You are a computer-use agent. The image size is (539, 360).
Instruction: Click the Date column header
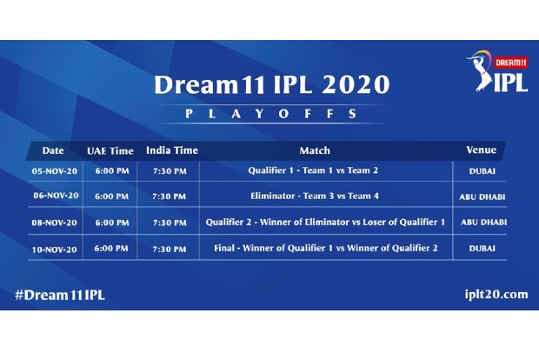click(x=52, y=150)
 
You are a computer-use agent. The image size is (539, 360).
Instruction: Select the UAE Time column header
click(x=109, y=150)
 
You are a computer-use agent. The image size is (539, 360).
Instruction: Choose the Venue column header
click(x=481, y=150)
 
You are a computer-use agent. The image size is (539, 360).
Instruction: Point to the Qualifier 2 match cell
click(x=325, y=223)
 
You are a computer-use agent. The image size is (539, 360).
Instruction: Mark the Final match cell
click(x=325, y=249)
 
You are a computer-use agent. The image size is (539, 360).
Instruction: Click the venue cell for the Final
click(x=481, y=249)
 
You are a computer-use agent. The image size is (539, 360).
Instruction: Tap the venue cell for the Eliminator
click(x=482, y=197)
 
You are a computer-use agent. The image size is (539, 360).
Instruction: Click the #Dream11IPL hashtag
click(x=60, y=295)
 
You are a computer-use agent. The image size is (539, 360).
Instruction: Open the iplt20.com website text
click(x=490, y=295)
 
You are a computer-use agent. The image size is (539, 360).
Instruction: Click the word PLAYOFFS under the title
click(x=271, y=113)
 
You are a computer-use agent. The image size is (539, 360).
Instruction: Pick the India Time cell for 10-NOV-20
click(x=169, y=249)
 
